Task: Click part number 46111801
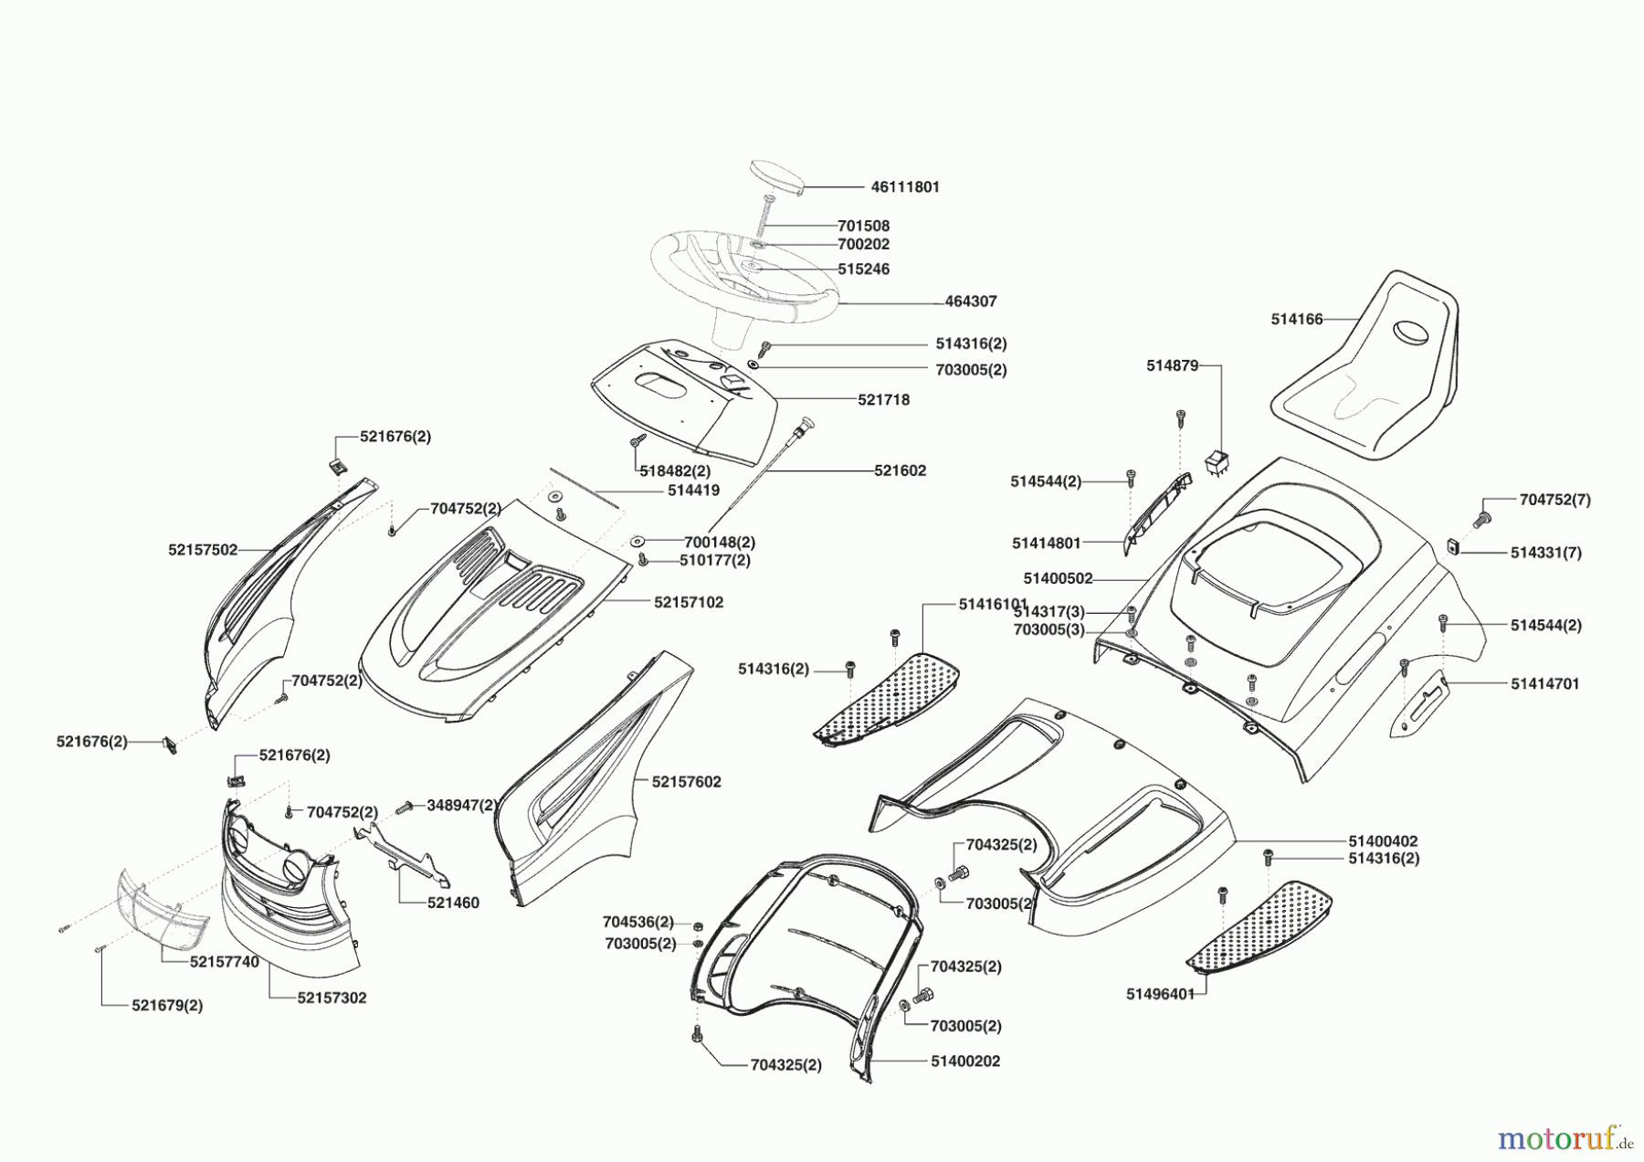coord(904,187)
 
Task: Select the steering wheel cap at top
coord(777,176)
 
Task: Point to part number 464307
coord(971,301)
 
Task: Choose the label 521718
coord(883,400)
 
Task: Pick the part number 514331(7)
coord(1545,553)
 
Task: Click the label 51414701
coord(1544,683)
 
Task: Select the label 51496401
coord(1160,994)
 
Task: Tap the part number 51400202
coord(965,1062)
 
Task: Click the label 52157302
coord(332,998)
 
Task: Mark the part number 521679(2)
coord(167,1006)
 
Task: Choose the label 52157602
coord(686,782)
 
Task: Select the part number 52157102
coord(688,603)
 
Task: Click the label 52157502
coord(203,550)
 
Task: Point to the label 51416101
coord(993,605)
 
